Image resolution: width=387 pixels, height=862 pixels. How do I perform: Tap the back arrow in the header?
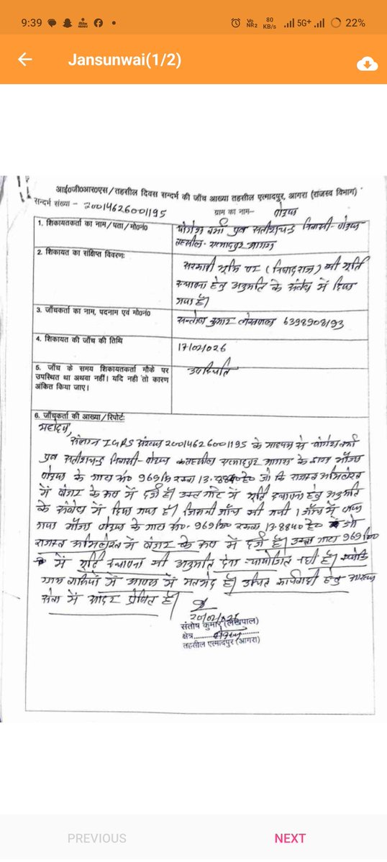pyautogui.click(x=25, y=60)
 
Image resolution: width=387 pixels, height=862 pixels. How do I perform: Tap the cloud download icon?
pyautogui.click(x=367, y=64)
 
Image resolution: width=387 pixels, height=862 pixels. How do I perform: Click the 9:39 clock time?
pyautogui.click(x=32, y=22)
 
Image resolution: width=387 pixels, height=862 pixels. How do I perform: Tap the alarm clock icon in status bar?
pyautogui.click(x=235, y=23)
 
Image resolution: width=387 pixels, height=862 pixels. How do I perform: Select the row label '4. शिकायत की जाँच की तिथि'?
pyautogui.click(x=81, y=338)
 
